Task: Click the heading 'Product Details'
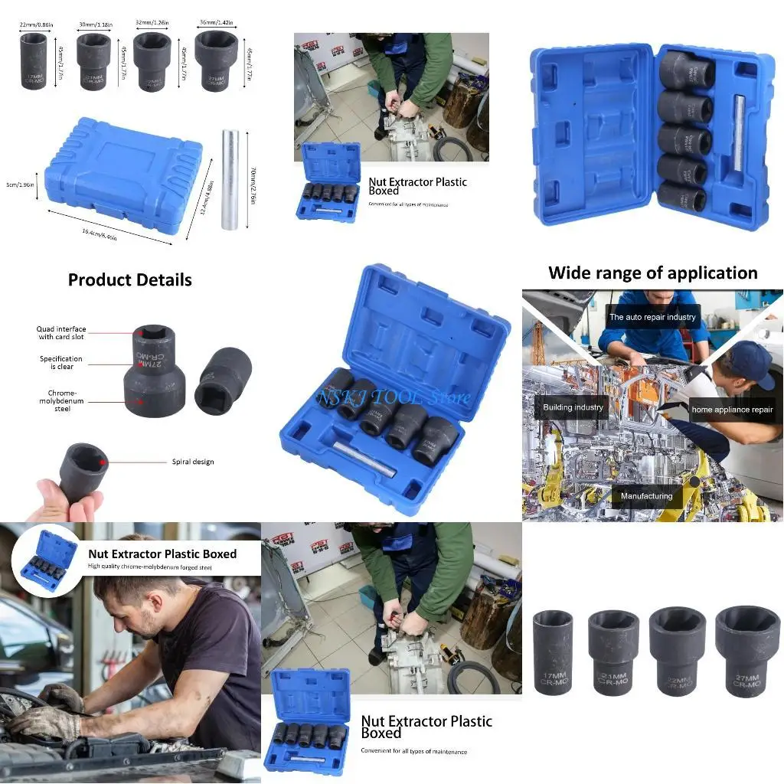tap(129, 280)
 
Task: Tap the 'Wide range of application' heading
tap(652, 273)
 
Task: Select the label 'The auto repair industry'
tap(652, 317)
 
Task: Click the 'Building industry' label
tap(573, 407)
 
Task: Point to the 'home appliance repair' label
tap(732, 410)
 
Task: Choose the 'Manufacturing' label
tap(646, 496)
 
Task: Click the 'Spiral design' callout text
tap(193, 462)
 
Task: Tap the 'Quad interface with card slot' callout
tap(61, 333)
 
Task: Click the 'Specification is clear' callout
tap(61, 363)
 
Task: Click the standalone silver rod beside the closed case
tap(230, 180)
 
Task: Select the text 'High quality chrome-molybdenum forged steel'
tap(150, 567)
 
